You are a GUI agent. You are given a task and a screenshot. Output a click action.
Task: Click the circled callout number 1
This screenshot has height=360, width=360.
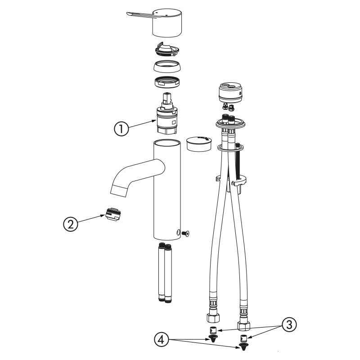coord(121,129)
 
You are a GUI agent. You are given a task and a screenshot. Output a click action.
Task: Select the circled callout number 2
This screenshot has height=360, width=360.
coord(71,224)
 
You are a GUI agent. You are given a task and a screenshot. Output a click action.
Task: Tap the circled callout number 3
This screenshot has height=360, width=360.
coord(289,325)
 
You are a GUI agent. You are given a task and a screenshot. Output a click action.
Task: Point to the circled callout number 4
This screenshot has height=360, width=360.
coord(162,340)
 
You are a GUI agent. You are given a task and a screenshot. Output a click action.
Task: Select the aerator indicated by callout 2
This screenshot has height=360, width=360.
coord(113,214)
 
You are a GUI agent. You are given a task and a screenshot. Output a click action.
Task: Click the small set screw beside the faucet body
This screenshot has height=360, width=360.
coord(185,234)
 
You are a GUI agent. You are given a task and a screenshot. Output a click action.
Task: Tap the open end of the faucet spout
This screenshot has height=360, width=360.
coord(119,190)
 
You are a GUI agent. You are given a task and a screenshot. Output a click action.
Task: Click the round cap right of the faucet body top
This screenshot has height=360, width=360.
coord(199,144)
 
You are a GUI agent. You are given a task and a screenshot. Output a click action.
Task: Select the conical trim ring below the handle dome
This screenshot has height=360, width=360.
coord(167,66)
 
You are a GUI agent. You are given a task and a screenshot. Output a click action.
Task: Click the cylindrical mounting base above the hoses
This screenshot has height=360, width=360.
coord(230,92)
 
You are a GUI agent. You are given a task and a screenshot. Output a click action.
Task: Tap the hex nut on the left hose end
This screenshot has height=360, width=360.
coord(213,318)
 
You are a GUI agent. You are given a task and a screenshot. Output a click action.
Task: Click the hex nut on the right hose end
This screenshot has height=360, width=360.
coord(243,325)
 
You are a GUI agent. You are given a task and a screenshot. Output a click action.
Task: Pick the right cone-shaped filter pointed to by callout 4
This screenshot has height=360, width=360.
coord(243,346)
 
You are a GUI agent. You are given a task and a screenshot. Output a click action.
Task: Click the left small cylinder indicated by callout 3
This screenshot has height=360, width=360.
coord(213,330)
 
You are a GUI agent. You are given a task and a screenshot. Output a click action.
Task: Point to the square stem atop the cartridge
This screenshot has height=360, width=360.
coord(166,98)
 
